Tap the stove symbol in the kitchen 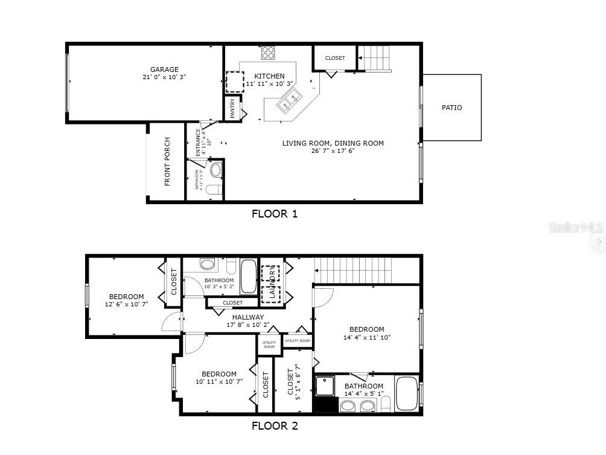click(x=268, y=53)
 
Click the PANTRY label click(x=233, y=109)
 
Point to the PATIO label click(x=451, y=108)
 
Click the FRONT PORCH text click(x=167, y=161)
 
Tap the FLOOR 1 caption click(x=275, y=213)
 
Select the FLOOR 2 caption click(x=275, y=425)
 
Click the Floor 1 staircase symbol click(x=375, y=59)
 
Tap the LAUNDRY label click(x=272, y=284)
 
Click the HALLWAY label click(x=247, y=317)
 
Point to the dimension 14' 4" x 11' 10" click(x=366, y=338)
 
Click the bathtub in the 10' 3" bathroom click(x=249, y=276)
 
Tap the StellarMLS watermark click(x=575, y=228)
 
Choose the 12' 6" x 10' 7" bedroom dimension click(x=126, y=305)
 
